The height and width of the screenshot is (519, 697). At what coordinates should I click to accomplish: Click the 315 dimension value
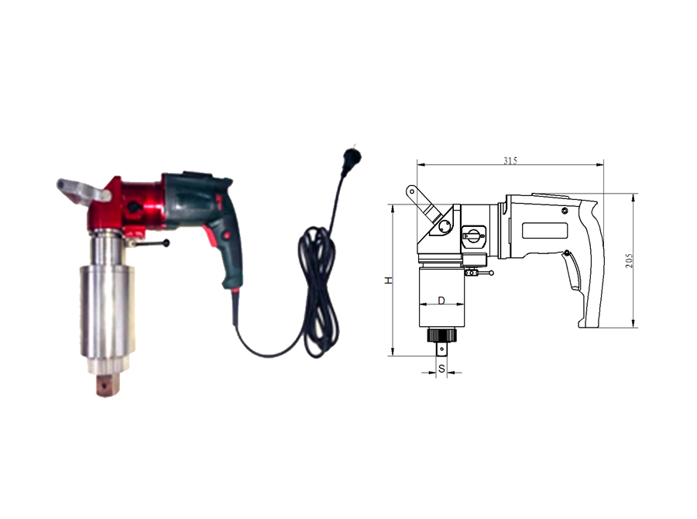(x=510, y=160)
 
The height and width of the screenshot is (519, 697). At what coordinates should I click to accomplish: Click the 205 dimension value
(x=629, y=260)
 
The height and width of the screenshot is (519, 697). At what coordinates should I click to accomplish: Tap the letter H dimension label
(x=389, y=280)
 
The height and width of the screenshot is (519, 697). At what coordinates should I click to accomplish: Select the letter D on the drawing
(x=441, y=301)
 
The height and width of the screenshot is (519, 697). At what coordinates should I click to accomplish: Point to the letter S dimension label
(x=441, y=369)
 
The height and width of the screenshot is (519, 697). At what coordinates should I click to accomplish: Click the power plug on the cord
(x=353, y=157)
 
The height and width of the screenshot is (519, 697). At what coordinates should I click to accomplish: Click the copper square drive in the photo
(x=108, y=385)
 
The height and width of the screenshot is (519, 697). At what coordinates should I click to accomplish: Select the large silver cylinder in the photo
(x=107, y=313)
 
